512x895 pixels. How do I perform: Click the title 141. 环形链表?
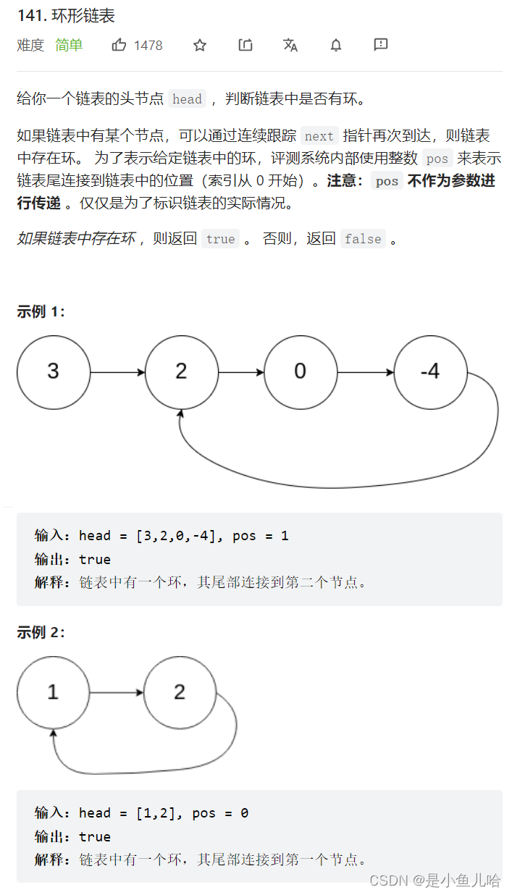pyautogui.click(x=66, y=16)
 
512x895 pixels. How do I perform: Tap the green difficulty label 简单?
pyautogui.click(x=69, y=46)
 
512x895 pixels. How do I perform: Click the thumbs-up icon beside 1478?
pyautogui.click(x=119, y=46)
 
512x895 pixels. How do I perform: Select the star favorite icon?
pyautogui.click(x=200, y=46)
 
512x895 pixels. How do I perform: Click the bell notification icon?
pyautogui.click(x=336, y=46)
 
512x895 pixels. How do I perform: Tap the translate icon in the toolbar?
pyautogui.click(x=290, y=46)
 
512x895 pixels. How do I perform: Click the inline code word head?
pyautogui.click(x=187, y=99)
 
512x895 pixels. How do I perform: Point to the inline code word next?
pyautogui.click(x=319, y=136)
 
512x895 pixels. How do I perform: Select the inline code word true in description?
pyautogui.click(x=220, y=239)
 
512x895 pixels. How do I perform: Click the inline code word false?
pyautogui.click(x=363, y=239)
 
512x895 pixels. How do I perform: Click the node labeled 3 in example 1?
pyautogui.click(x=54, y=372)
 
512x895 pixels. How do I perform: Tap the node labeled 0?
pyautogui.click(x=300, y=372)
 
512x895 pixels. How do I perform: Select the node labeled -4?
pyautogui.click(x=430, y=372)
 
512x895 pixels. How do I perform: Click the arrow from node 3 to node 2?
pyautogui.click(x=117, y=373)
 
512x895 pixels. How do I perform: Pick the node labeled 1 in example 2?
pyautogui.click(x=53, y=692)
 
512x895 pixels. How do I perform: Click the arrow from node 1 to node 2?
pyautogui.click(x=117, y=693)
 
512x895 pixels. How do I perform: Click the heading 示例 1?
pyautogui.click(x=41, y=312)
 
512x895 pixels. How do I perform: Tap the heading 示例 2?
pyautogui.click(x=41, y=632)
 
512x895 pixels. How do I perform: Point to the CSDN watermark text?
pyautogui.click(x=435, y=881)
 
